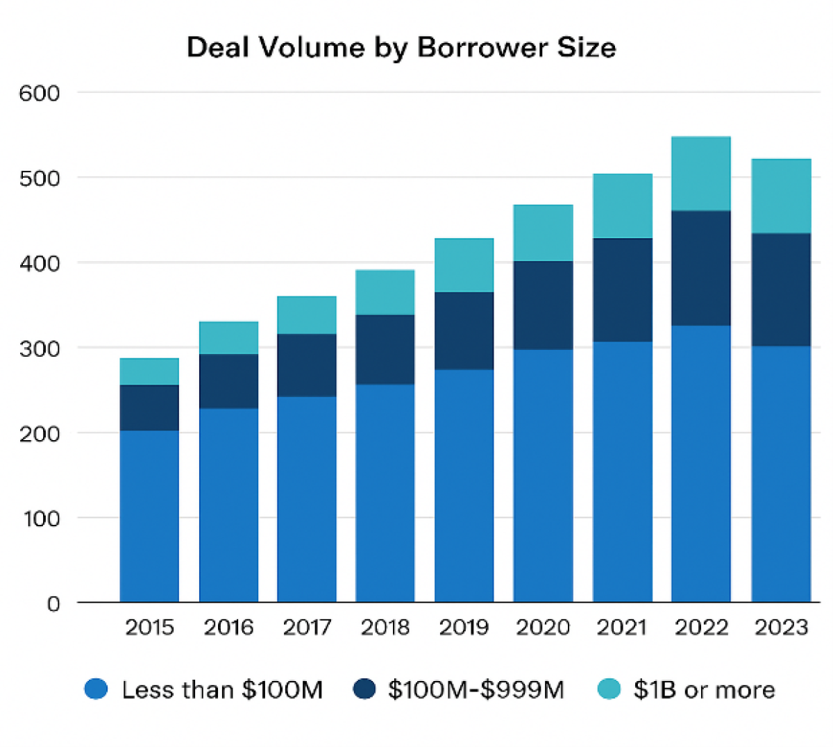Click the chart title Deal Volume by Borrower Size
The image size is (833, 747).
[x=401, y=48]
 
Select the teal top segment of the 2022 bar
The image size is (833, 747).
[x=700, y=174]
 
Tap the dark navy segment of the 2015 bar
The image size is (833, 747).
[x=149, y=408]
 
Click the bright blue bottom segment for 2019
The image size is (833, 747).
[x=464, y=485]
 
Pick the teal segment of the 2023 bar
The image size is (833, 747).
[x=781, y=196]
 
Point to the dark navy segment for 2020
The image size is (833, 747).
[x=543, y=305]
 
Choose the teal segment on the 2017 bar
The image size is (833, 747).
[x=307, y=315]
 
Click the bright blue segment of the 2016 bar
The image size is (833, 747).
[x=228, y=505]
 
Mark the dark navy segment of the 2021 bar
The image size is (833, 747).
[x=622, y=289]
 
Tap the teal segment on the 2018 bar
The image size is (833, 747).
[x=385, y=292]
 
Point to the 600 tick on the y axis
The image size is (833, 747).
[x=40, y=93]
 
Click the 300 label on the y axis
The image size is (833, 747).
[x=40, y=349]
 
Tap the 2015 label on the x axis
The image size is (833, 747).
[x=149, y=628]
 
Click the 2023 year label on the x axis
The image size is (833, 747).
[x=781, y=628]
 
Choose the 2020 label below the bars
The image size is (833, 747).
[x=543, y=628]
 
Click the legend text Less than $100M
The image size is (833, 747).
[x=222, y=690]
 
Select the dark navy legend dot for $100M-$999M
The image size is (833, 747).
[x=364, y=689]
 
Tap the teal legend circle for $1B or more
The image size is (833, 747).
[x=609, y=689]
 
